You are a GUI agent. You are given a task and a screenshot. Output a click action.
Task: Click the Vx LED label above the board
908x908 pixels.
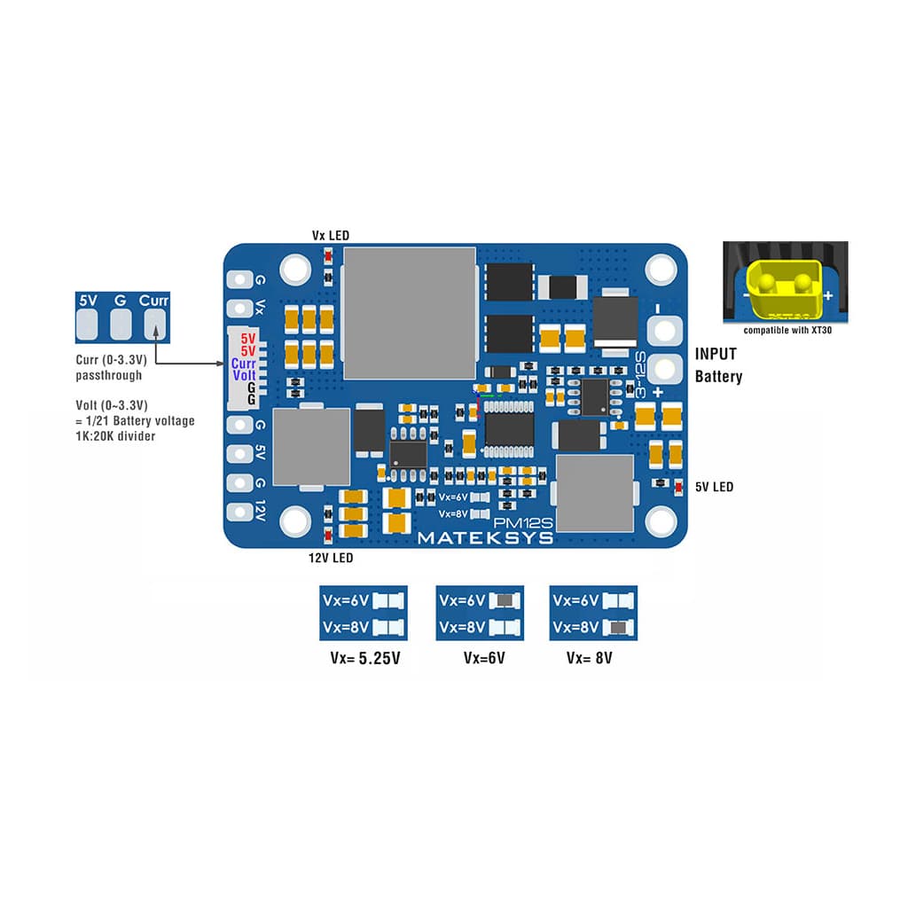click(330, 236)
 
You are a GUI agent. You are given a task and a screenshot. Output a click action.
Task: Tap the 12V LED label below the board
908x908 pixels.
click(330, 558)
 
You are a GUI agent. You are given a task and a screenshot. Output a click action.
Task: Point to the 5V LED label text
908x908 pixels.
click(714, 487)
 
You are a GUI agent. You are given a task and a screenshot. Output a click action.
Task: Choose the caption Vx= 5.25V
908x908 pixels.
click(364, 659)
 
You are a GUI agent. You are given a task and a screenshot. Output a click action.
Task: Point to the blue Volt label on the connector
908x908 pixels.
click(244, 375)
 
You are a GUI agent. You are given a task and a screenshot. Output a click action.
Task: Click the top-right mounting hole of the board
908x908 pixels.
click(661, 268)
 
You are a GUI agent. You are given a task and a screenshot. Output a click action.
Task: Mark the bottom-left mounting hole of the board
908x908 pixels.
click(295, 521)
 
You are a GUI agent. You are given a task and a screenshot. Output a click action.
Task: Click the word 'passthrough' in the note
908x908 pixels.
click(108, 375)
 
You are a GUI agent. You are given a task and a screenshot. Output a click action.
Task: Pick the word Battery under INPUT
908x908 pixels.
click(718, 377)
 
